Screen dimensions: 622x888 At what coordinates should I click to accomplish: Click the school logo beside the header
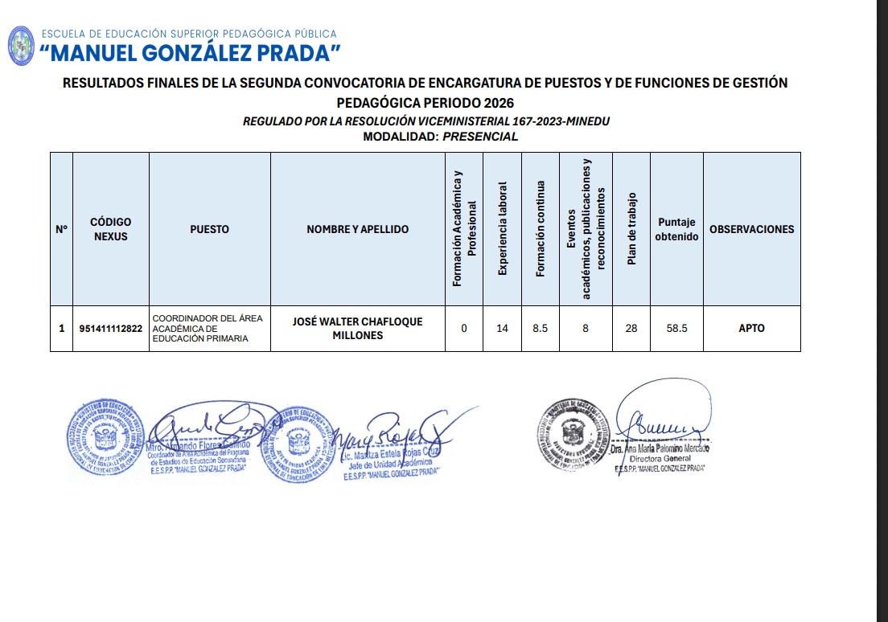tap(21, 46)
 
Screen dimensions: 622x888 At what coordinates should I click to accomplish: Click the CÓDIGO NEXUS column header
tap(110, 229)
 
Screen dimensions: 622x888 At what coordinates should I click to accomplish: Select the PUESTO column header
tap(209, 229)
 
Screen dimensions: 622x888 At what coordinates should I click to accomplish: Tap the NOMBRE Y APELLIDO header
tap(357, 229)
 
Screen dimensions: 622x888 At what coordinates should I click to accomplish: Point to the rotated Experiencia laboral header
tap(503, 229)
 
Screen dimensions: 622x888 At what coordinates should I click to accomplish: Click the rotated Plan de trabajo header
tap(631, 229)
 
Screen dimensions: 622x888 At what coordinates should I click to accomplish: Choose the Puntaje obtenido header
tap(676, 229)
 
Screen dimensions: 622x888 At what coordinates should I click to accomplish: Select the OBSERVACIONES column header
tap(751, 229)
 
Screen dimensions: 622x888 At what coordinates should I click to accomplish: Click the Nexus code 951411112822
tap(111, 329)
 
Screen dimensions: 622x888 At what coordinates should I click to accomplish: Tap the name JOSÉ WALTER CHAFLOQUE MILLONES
tap(357, 329)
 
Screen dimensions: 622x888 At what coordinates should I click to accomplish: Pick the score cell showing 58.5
tap(676, 329)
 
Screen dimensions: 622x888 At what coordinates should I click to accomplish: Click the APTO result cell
tap(751, 329)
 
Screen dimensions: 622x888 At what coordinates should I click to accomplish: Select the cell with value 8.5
tap(541, 329)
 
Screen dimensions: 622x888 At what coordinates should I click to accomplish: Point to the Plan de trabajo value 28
tap(631, 329)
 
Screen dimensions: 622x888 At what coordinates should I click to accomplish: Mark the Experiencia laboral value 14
tap(503, 329)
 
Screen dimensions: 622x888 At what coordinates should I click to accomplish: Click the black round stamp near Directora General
tap(573, 434)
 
